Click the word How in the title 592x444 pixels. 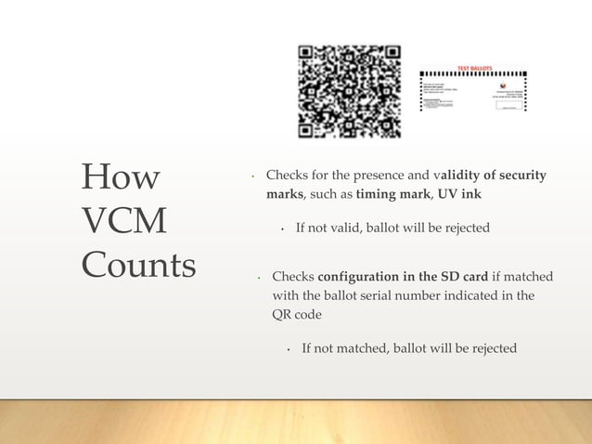121,176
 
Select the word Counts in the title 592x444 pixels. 138,266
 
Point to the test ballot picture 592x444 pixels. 473,93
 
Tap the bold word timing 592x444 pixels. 374,196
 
